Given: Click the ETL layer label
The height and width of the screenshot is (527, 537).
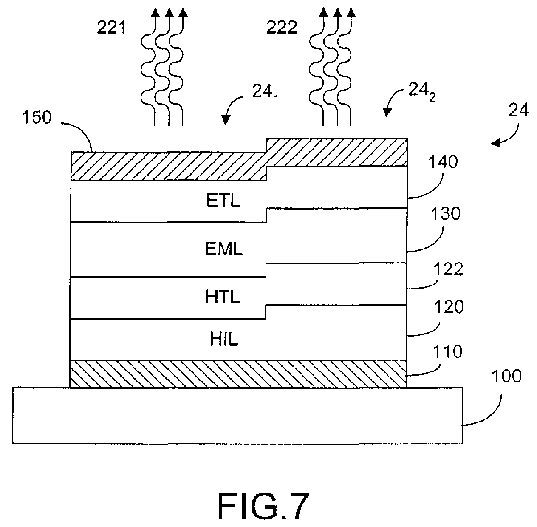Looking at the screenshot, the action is pos(223,201).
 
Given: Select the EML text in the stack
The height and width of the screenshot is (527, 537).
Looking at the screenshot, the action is pos(224,249).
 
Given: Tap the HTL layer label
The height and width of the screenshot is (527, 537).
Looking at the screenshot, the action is pos(223,297).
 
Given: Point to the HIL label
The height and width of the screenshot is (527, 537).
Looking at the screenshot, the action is pos(224,339).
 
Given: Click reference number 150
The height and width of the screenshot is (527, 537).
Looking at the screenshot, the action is pos(37,117).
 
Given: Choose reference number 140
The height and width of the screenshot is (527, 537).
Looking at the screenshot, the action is pos(443,162).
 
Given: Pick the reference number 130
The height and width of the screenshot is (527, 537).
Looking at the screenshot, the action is pos(446,214).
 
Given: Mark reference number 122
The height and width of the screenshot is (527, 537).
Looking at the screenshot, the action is pos(448,269).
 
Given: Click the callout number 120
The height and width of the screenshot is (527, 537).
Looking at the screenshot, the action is pos(449,307).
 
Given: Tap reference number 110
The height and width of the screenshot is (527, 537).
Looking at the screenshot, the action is pos(447,351).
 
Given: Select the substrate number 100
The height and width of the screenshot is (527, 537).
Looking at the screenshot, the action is pos(506,376).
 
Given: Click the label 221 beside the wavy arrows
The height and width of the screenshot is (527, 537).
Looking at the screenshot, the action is pos(111,28).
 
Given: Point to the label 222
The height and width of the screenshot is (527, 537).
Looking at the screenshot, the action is pos(282,28).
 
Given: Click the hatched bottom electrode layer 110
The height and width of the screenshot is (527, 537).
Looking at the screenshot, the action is pos(238,374).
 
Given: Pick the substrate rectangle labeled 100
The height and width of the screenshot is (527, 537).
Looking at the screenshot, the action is pos(237,415).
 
